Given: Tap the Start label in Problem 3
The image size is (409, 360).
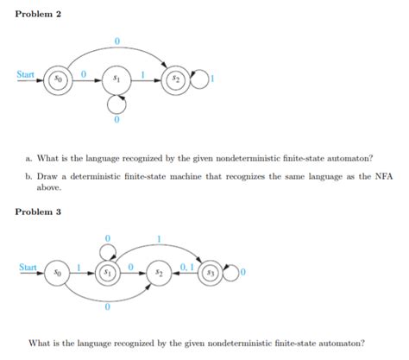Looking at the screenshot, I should (x=27, y=268).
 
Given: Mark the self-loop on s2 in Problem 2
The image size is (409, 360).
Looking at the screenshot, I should (x=201, y=80).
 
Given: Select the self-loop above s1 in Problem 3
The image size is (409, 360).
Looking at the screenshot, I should (x=107, y=251).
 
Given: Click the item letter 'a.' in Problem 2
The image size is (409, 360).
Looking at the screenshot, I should (x=29, y=157).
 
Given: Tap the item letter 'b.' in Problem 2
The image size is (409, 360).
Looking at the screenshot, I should (x=29, y=175).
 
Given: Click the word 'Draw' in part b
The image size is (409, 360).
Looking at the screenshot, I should (x=47, y=175).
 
